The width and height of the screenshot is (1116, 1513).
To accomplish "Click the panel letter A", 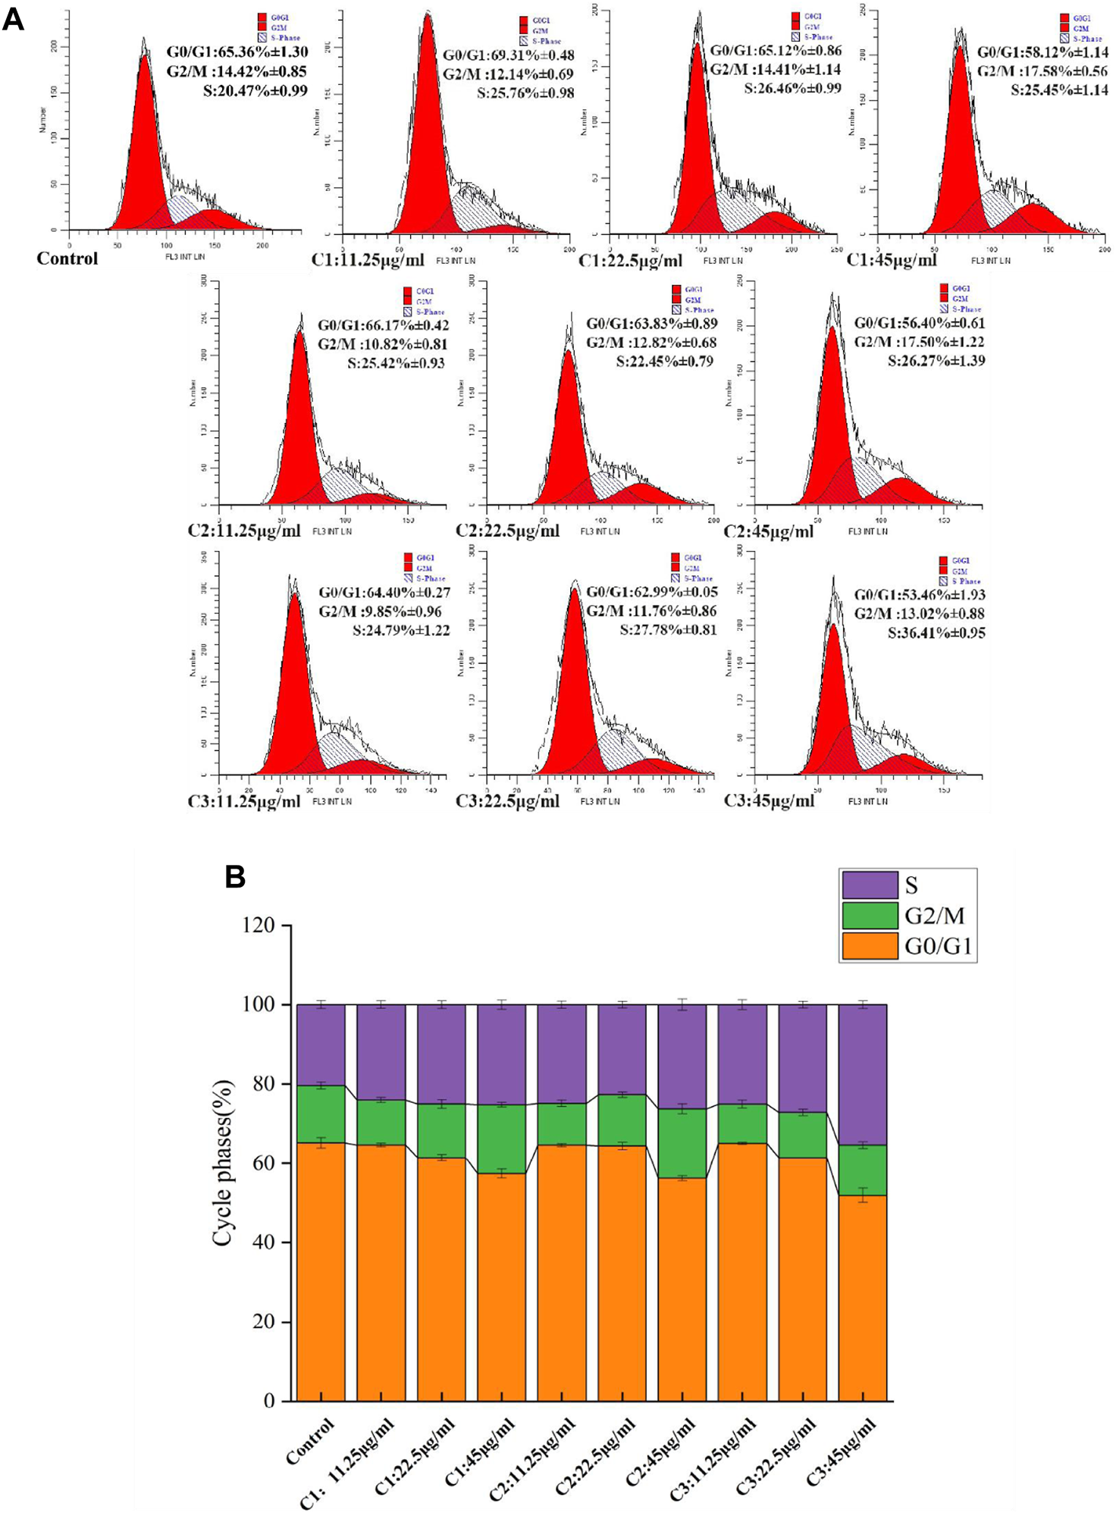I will [14, 19].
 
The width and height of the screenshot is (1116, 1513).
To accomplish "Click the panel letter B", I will [235, 877].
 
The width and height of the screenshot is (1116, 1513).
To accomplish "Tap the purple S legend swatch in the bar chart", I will [870, 885].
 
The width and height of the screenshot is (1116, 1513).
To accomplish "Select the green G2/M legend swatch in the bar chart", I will [870, 916].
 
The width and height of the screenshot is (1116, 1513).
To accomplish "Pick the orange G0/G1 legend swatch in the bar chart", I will [870, 946].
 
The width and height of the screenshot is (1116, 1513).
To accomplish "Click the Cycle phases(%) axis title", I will [223, 1163].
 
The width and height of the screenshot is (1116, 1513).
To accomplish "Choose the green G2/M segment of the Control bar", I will [321, 1114].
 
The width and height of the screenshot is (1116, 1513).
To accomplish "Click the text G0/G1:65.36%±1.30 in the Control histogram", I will [237, 52].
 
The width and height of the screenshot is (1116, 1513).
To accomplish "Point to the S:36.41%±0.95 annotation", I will [936, 632].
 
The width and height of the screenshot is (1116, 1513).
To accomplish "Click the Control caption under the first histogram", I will [67, 258].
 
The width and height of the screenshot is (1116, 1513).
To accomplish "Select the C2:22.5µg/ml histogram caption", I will [507, 530].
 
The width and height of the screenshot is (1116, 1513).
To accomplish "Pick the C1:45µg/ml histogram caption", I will [891, 260].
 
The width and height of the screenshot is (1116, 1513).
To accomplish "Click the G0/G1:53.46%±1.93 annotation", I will [920, 594].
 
